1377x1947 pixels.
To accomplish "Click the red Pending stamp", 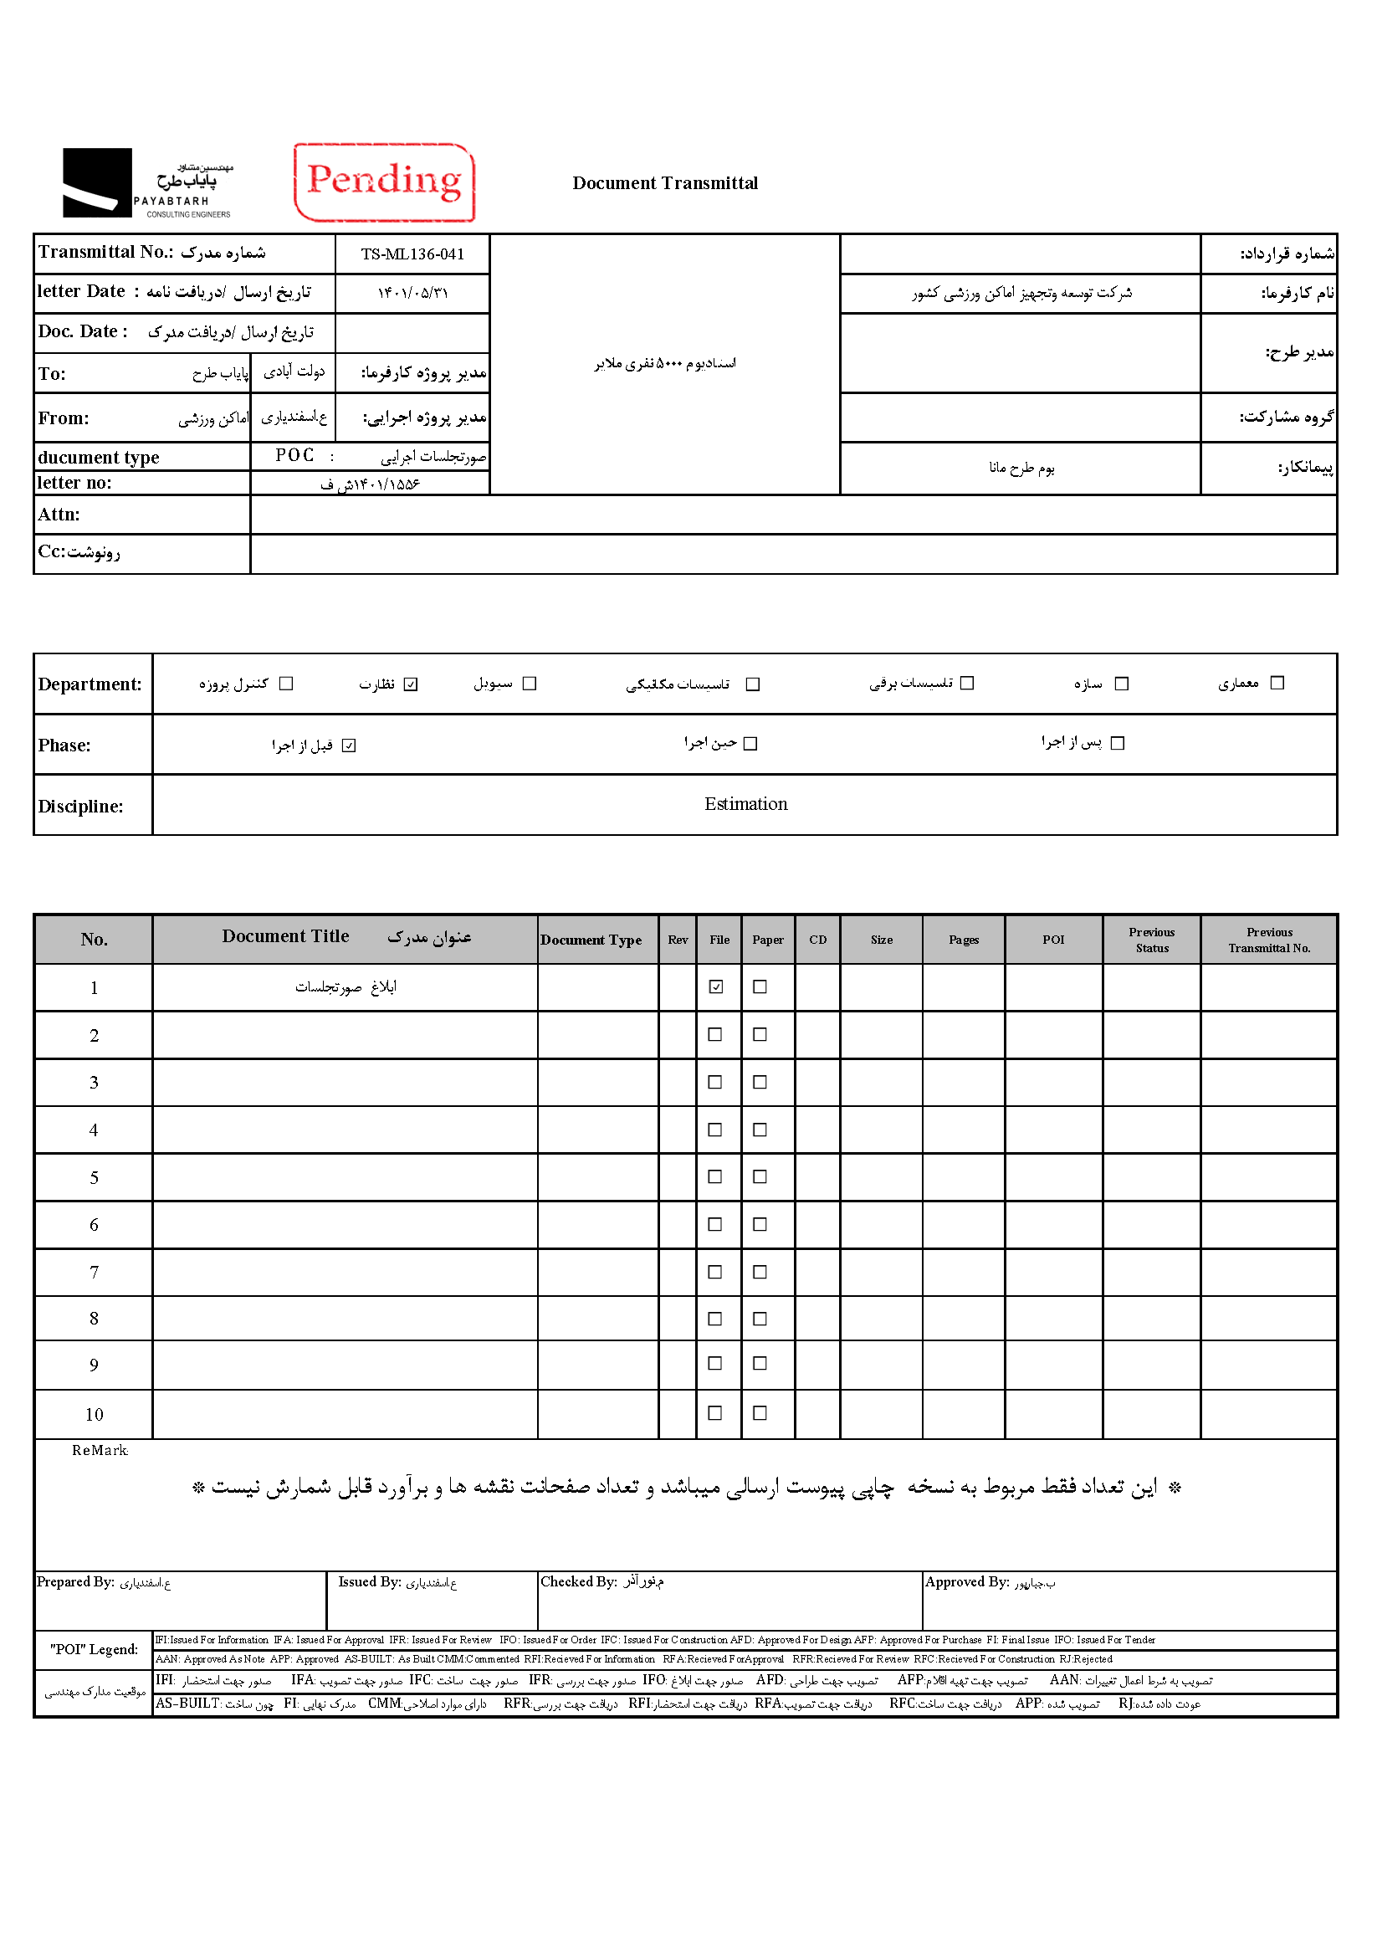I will (384, 182).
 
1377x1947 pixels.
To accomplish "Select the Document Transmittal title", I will (665, 183).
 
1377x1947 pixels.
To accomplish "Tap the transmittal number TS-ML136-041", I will (412, 254).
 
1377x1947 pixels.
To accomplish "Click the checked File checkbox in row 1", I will (716, 986).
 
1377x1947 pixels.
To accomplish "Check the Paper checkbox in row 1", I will (760, 986).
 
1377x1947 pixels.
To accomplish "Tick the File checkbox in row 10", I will (714, 1412).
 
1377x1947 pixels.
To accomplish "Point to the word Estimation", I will (745, 804).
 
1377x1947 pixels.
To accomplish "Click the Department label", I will (90, 684).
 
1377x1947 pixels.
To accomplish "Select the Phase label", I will (64, 745).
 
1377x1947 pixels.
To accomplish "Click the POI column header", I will (1053, 940).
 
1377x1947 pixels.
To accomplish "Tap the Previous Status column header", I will (1151, 940).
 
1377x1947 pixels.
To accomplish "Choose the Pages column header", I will (963, 940).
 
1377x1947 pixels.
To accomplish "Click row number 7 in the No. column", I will (95, 1272).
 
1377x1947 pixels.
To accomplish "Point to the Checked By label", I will (579, 1581).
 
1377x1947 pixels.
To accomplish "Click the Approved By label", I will (966, 1581).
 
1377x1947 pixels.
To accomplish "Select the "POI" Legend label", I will (95, 1649).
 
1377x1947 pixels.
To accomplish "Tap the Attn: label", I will (59, 515).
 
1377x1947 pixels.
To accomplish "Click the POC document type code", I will (294, 456).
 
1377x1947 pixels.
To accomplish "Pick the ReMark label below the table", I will (100, 1451).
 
